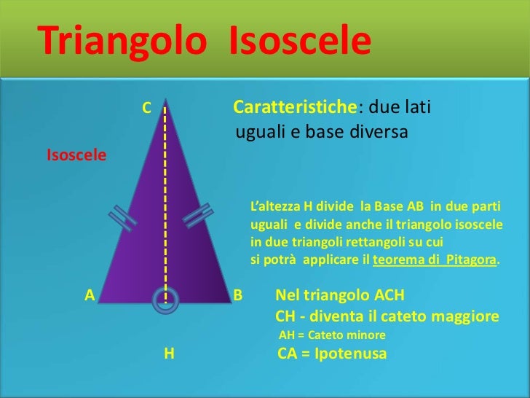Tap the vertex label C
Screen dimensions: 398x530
click(x=146, y=109)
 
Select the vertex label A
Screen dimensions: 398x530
click(x=90, y=295)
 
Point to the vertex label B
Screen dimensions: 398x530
click(x=237, y=296)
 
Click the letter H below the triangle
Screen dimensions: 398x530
click(x=169, y=354)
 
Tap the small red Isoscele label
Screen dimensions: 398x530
click(x=76, y=155)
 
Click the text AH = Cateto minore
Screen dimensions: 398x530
click(x=332, y=335)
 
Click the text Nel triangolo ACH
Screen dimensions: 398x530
click(x=339, y=296)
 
